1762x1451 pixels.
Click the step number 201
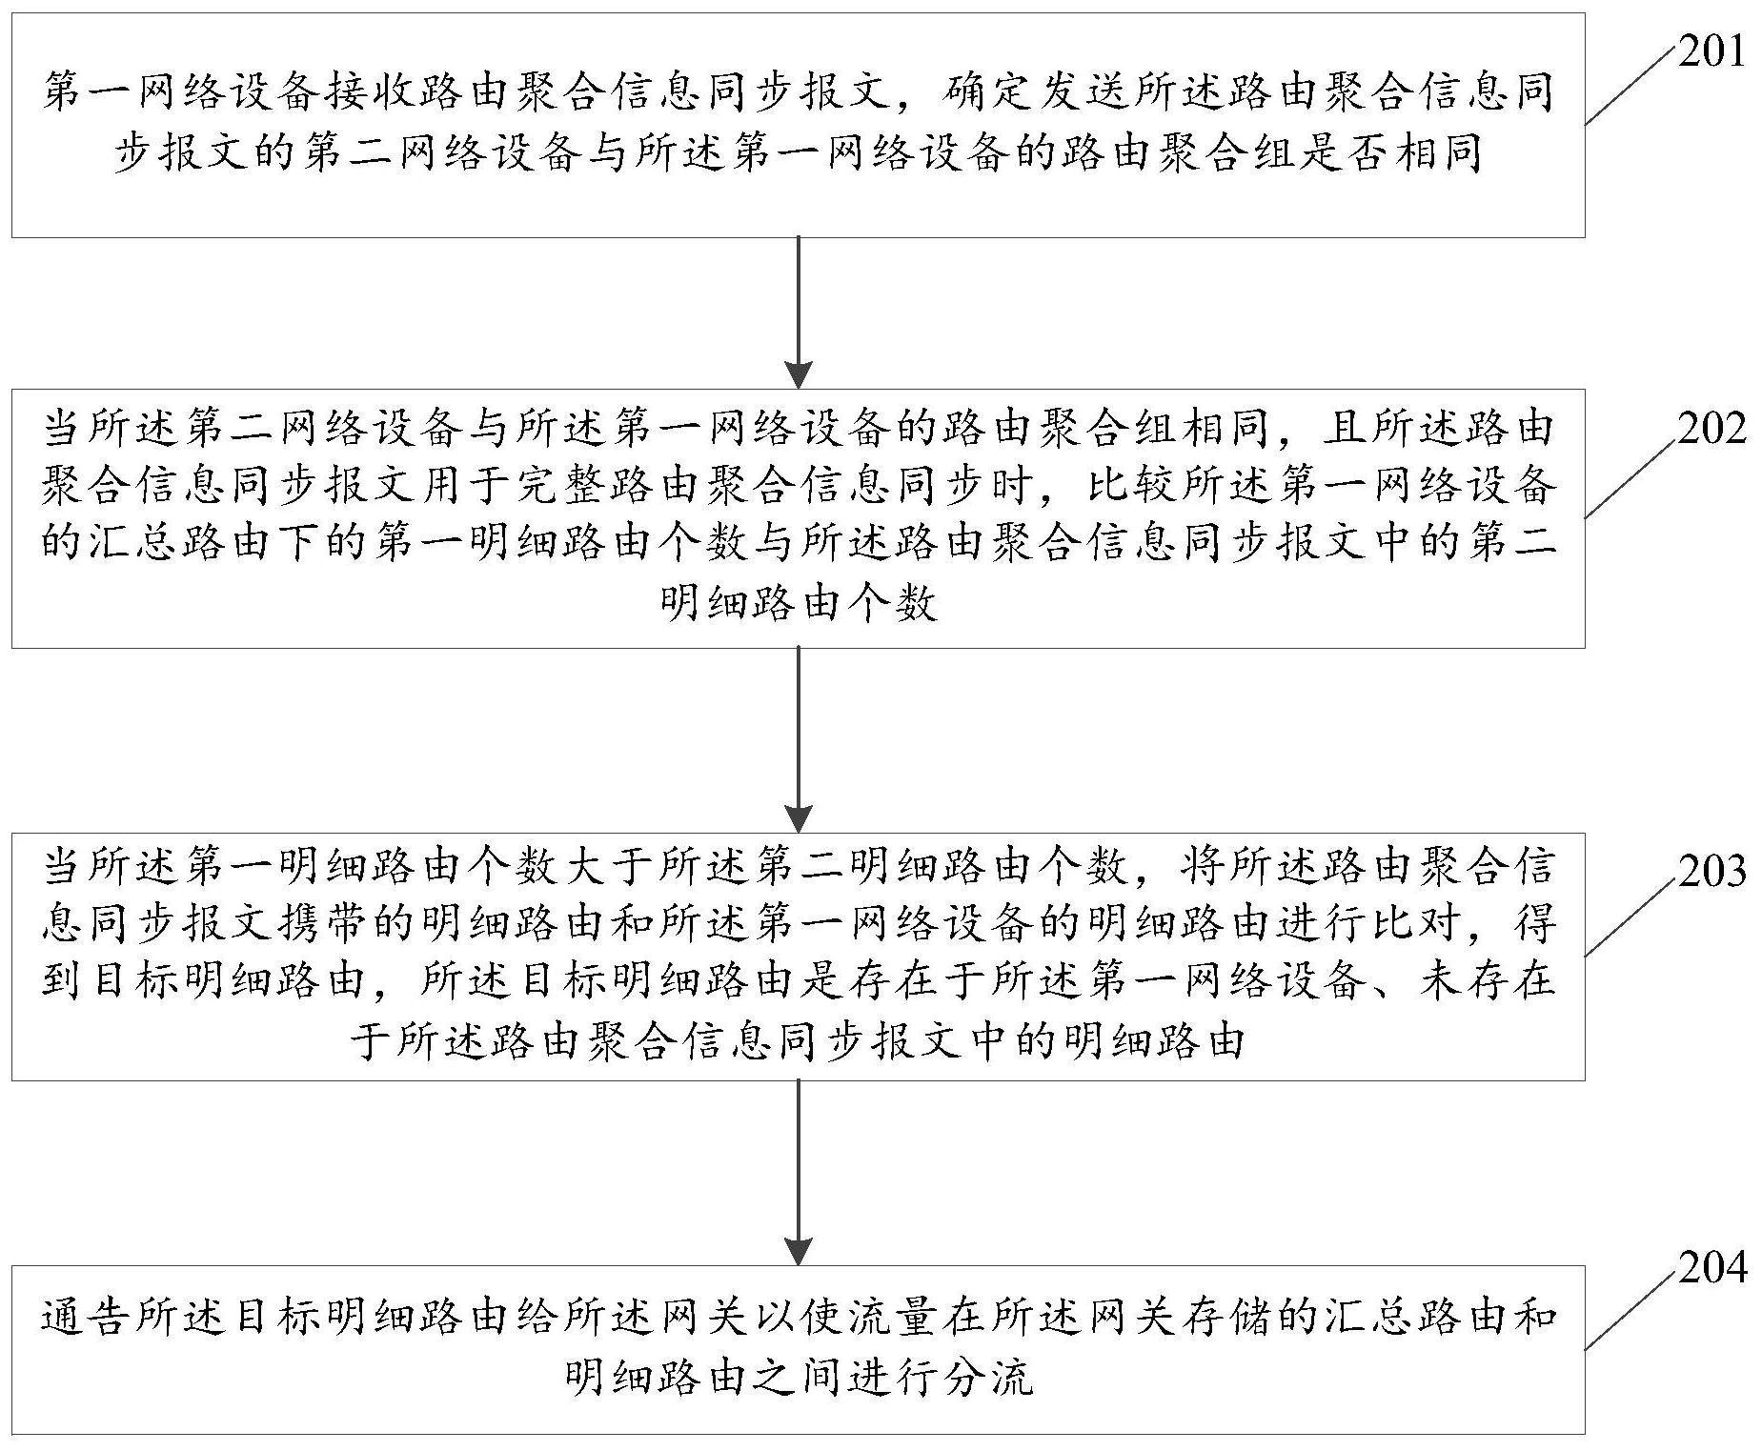click(1711, 52)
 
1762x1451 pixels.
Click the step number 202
click(1711, 430)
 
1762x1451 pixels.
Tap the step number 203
click(1711, 871)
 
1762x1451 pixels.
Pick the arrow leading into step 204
click(798, 1173)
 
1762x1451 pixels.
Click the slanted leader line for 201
click(1630, 87)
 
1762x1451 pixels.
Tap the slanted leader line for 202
click(1630, 479)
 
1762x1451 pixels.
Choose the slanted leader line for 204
click(1630, 1313)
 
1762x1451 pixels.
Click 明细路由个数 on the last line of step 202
click(798, 602)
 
